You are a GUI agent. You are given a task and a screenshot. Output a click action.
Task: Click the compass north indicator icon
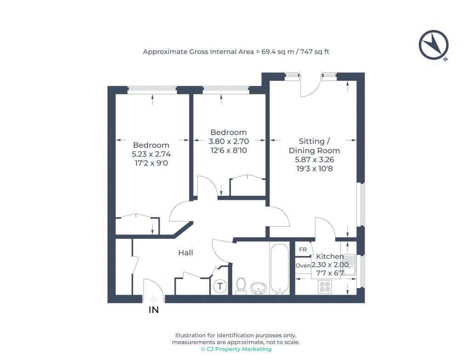coord(433,45)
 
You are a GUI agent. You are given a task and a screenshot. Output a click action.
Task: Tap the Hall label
coord(185,253)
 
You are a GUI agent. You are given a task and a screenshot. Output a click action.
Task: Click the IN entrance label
coord(154,310)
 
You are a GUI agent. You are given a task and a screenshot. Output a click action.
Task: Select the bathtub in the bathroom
coord(279,269)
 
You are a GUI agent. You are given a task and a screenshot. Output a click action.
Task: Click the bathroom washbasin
coord(258,288)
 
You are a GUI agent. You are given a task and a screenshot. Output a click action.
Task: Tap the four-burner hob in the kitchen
coord(325,287)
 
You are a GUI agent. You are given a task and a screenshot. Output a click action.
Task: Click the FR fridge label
coord(303,250)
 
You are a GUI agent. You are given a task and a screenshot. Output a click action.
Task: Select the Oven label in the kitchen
coord(303,266)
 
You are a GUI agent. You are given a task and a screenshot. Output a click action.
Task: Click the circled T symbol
coord(220,286)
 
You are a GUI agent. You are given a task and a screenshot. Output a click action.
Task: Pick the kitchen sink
coord(350,265)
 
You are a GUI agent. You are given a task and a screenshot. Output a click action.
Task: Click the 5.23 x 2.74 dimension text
coord(151,154)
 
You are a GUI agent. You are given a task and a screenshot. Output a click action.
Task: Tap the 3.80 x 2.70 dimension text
coord(229,141)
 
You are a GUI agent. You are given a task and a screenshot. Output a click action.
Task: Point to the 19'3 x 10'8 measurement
coord(315,168)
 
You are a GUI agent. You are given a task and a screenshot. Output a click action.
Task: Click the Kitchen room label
coord(330,256)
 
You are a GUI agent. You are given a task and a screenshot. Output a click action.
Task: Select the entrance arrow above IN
coord(154,300)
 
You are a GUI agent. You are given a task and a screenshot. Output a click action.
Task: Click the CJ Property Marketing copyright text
coord(236,349)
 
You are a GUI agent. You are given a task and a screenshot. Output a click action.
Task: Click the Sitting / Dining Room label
coord(314,146)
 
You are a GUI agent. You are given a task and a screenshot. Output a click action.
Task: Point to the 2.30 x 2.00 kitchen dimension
coord(330,265)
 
